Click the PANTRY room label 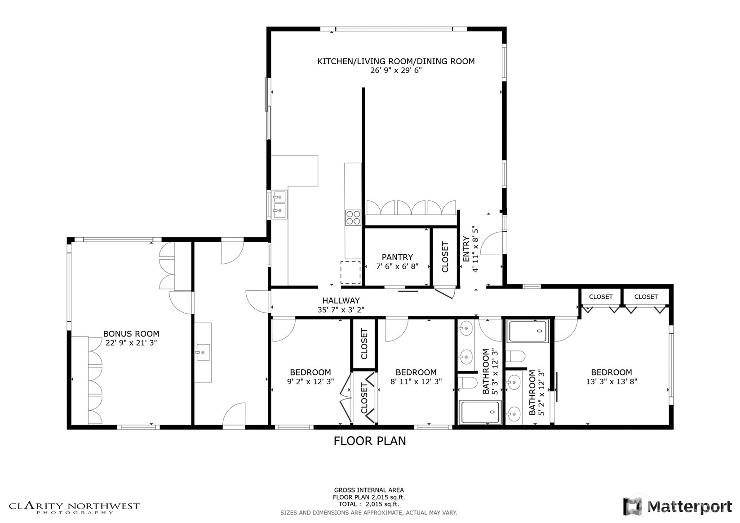397,257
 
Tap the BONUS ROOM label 131,334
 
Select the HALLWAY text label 341,301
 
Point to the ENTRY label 466,249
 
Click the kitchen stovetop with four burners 353,218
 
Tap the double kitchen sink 279,205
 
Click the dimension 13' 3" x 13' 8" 611,381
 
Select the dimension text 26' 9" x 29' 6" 396,70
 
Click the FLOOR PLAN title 370,441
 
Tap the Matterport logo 677,507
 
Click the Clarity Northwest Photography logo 74,507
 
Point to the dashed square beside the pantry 350,272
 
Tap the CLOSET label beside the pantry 445,257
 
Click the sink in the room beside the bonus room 203,353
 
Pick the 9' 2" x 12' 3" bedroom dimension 310,381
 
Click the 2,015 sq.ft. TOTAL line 369,505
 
